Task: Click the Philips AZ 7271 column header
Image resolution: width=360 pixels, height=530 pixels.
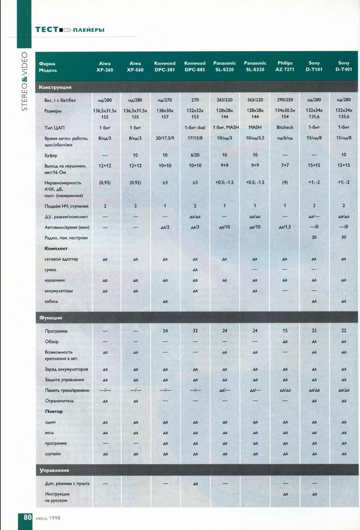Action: pyautogui.click(x=285, y=66)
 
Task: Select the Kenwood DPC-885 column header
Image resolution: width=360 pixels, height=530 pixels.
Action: pyautogui.click(x=195, y=66)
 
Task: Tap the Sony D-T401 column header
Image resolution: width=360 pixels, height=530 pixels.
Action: pyautogui.click(x=343, y=66)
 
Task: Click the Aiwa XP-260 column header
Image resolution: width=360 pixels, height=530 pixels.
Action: pyautogui.click(x=105, y=66)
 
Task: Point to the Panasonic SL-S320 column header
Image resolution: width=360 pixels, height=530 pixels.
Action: pyautogui.click(x=255, y=66)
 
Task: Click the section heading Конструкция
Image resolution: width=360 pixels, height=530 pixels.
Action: pyautogui.click(x=55, y=87)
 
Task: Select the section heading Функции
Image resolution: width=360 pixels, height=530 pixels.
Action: pyautogui.click(x=51, y=318)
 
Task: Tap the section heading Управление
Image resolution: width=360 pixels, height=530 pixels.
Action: pyautogui.click(x=54, y=471)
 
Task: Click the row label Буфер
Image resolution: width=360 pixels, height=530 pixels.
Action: pyautogui.click(x=52, y=155)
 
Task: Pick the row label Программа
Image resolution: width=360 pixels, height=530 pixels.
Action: pyautogui.click(x=56, y=331)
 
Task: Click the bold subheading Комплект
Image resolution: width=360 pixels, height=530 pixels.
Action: pyautogui.click(x=56, y=248)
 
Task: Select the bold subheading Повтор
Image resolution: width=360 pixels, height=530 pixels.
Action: pyautogui.click(x=54, y=411)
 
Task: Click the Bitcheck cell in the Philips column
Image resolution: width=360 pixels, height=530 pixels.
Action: pyautogui.click(x=285, y=127)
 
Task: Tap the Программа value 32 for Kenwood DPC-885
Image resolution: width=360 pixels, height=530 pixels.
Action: pyautogui.click(x=195, y=331)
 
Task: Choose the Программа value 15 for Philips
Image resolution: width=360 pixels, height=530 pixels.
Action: pyautogui.click(x=285, y=331)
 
